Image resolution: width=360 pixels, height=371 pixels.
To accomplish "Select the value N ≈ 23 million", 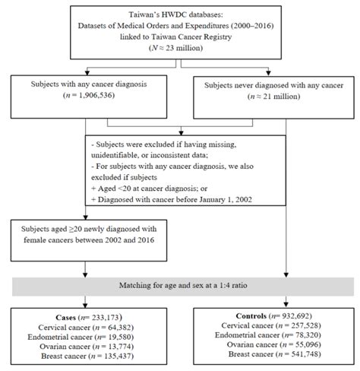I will click(x=179, y=50).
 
